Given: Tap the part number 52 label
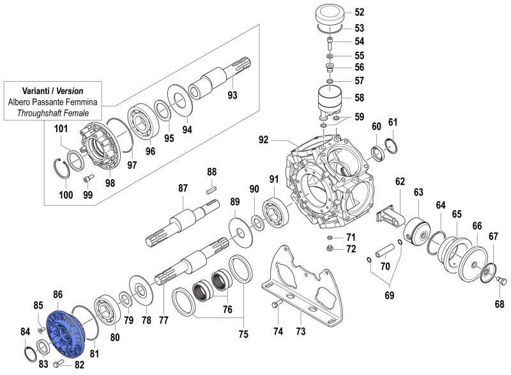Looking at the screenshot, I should tap(359, 12).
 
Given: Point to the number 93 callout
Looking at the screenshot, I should tap(232, 96).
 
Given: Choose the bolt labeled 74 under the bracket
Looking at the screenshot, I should tap(276, 306).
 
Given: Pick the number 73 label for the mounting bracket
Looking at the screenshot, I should tap(300, 331).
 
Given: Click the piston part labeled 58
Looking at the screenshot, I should tap(331, 102).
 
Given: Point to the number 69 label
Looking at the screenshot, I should tap(390, 296).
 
